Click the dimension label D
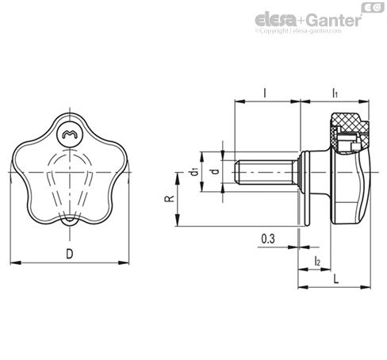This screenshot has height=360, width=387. (69, 254)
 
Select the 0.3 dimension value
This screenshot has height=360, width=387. (268, 239)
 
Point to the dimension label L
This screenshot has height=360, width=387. (335, 279)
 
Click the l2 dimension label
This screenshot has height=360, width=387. (317, 261)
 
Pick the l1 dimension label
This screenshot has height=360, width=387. (335, 93)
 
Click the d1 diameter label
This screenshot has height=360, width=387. (194, 172)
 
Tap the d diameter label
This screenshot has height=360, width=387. (216, 171)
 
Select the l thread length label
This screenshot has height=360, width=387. (265, 93)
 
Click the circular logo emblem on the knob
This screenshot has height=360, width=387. (70, 135)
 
